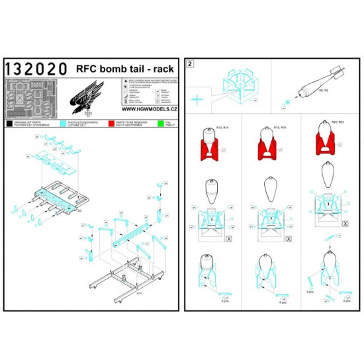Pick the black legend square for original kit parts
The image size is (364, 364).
point(9,123)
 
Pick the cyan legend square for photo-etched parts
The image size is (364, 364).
point(57,123)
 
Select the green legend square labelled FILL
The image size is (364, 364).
point(161,123)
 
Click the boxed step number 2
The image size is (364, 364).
point(191,64)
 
